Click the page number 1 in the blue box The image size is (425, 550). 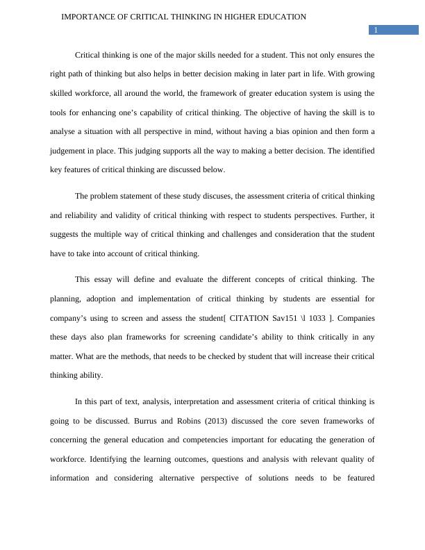376,30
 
